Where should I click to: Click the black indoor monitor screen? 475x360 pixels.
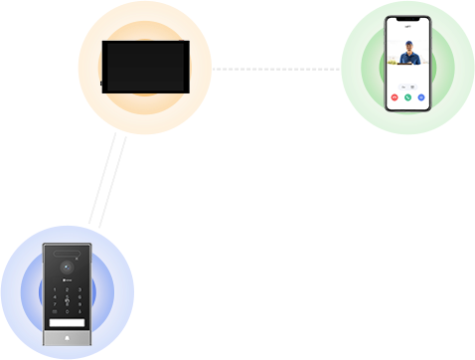point(144,66)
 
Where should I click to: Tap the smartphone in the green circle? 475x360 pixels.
point(407,64)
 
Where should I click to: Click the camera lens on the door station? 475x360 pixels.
point(68,268)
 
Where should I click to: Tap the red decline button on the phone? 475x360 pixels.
point(396,97)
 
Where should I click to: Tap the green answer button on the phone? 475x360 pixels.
point(408,97)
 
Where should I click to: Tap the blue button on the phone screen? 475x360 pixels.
point(421,97)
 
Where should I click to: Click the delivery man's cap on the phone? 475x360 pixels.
point(407,46)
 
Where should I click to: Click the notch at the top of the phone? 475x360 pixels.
point(407,21)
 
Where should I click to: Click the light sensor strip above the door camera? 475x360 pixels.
point(68,253)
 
